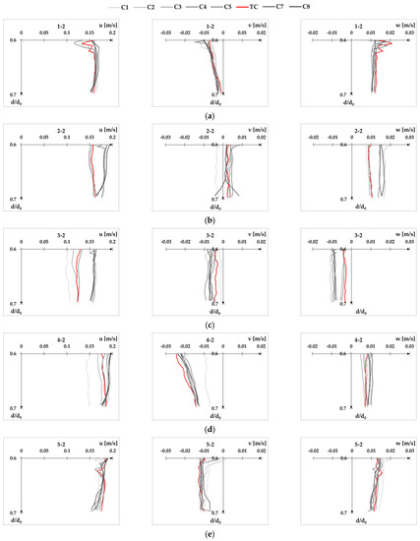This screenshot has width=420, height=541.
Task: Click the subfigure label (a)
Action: pyautogui.click(x=210, y=114)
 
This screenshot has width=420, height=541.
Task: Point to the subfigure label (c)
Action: pyautogui.click(x=210, y=324)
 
